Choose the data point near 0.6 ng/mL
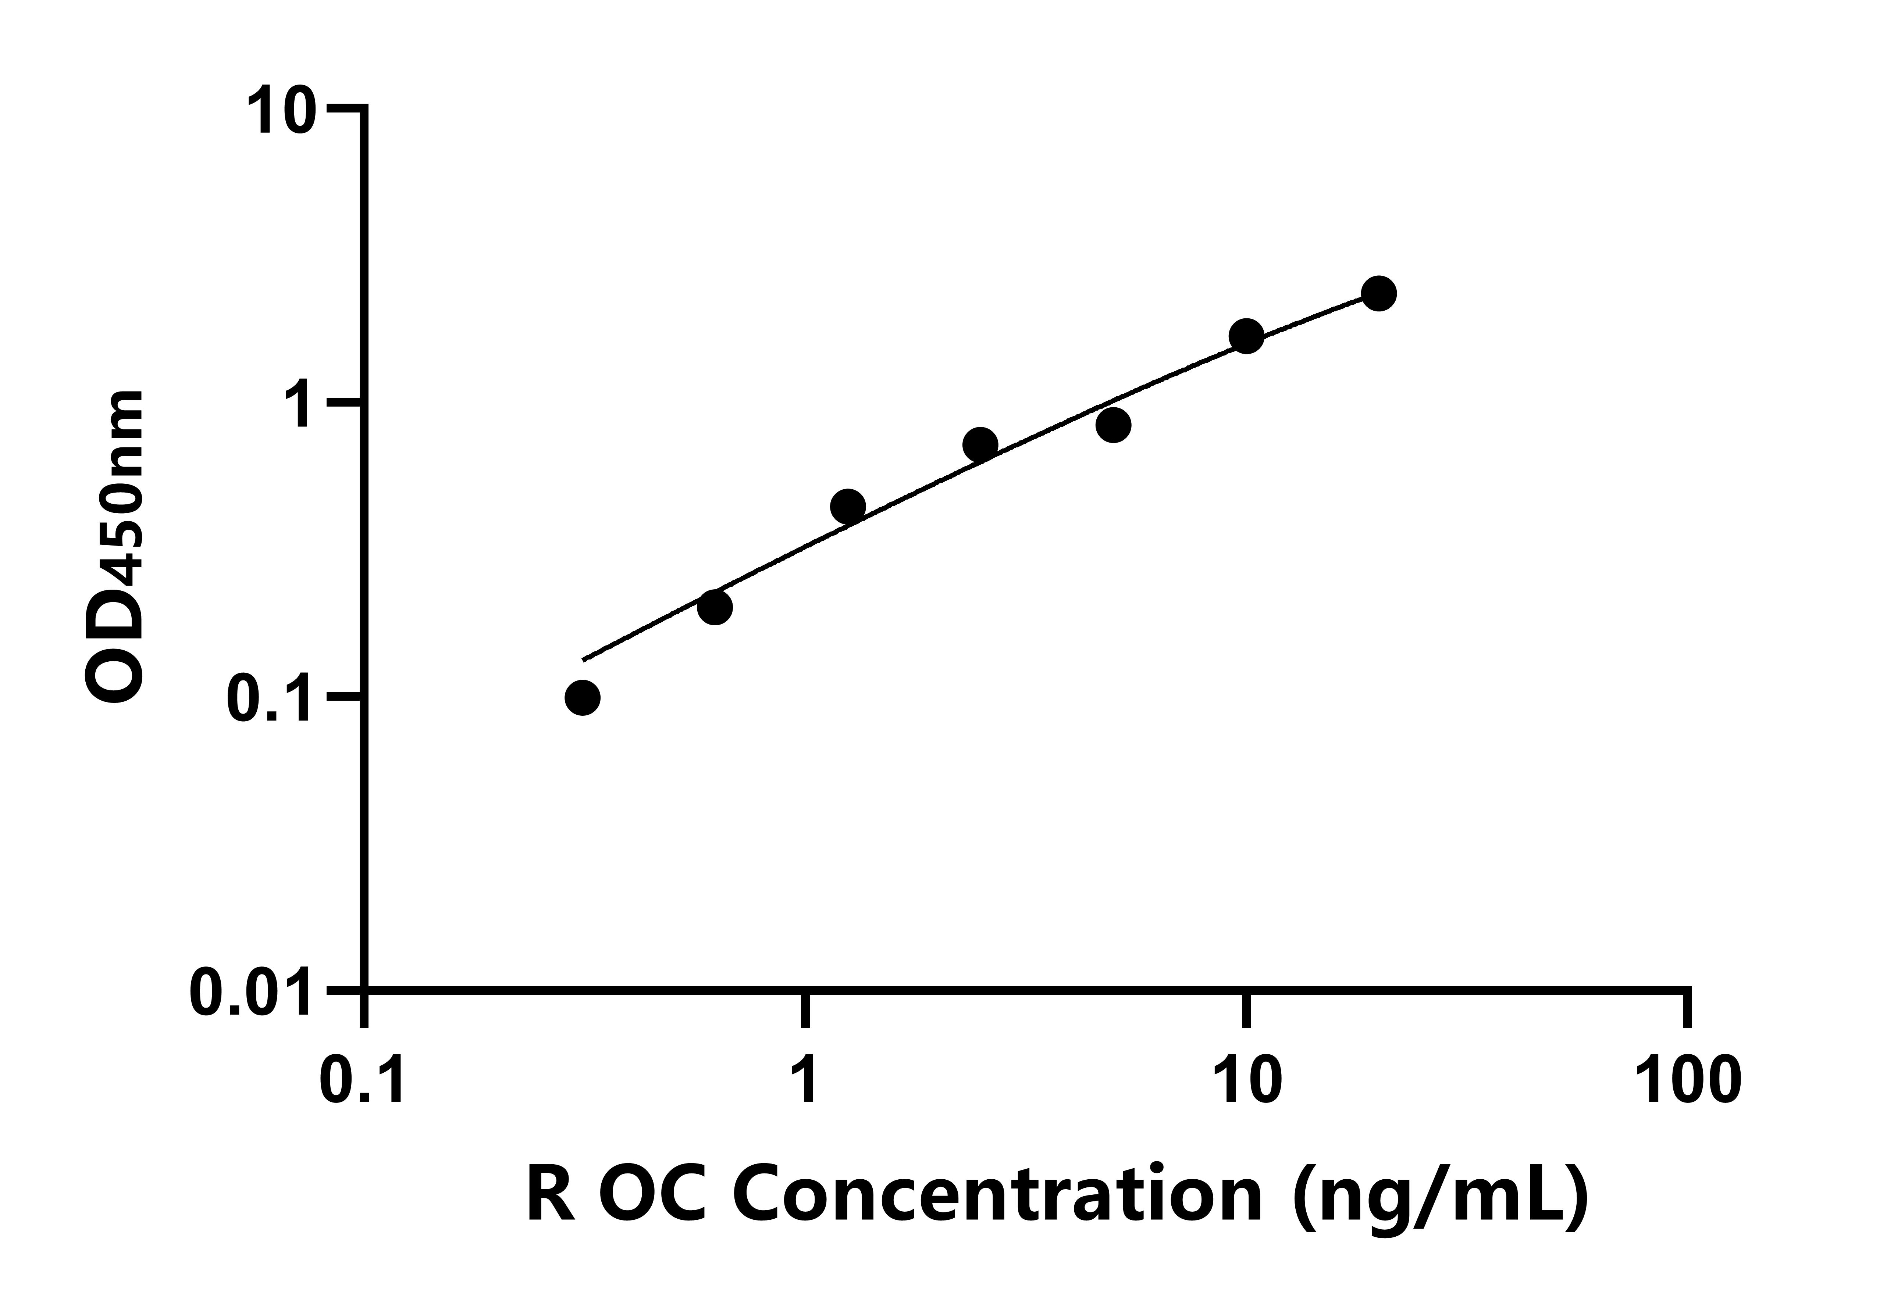[715, 607]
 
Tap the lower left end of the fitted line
[584, 658]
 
